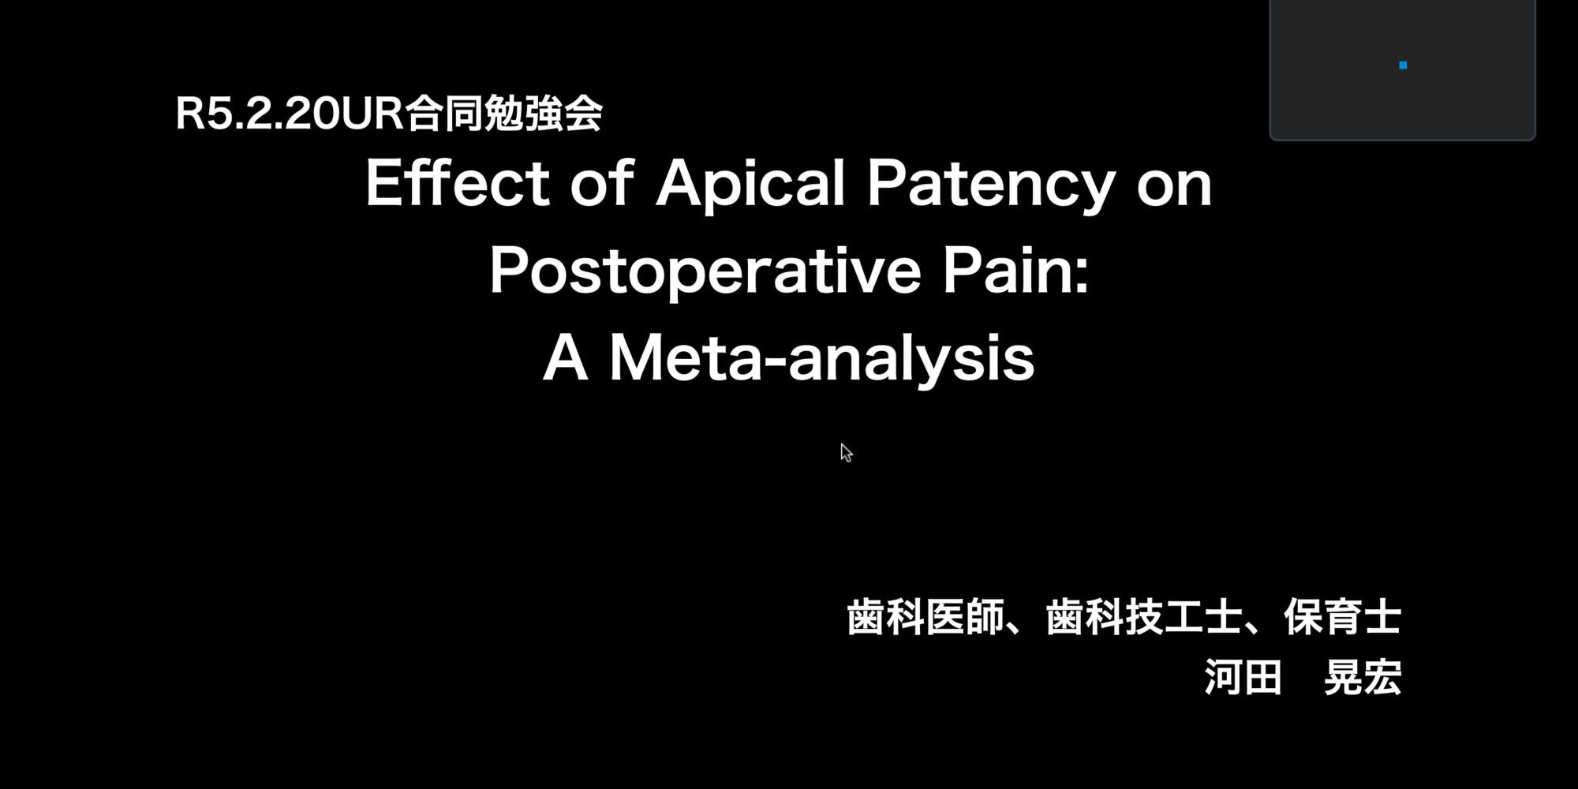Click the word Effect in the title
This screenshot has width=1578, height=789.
(x=458, y=182)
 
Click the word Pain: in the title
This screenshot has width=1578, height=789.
(x=1015, y=270)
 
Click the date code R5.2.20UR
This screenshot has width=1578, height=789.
(x=290, y=114)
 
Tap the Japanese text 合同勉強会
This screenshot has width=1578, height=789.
(x=504, y=113)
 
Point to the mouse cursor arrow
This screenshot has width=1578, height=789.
(x=846, y=453)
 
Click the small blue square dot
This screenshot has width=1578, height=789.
(x=1403, y=65)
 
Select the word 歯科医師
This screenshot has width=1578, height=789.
(x=925, y=617)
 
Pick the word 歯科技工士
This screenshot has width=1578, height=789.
(x=1144, y=617)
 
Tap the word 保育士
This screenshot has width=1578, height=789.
(x=1342, y=617)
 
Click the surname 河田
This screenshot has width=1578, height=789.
(x=1243, y=677)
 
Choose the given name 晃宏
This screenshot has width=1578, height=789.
(x=1363, y=677)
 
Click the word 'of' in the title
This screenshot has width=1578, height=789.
(x=602, y=182)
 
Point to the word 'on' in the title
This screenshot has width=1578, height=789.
(x=1174, y=189)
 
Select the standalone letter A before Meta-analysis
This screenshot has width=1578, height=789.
(x=566, y=357)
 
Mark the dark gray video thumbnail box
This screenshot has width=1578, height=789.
(x=1402, y=69)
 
